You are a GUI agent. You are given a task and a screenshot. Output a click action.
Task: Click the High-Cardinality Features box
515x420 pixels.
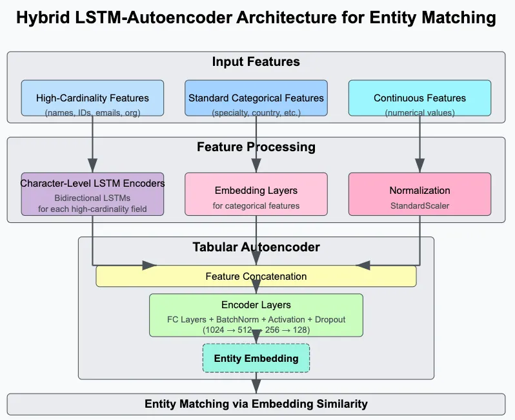92,98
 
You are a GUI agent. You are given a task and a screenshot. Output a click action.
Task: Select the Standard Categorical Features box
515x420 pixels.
256,98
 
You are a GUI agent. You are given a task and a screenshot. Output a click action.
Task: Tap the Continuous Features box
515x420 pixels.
419,98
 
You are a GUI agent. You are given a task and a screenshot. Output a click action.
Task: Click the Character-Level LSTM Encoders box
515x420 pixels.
92,194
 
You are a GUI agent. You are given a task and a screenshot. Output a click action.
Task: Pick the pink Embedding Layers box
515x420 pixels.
256,194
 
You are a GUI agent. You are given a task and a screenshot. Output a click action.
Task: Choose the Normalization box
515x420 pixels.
419,194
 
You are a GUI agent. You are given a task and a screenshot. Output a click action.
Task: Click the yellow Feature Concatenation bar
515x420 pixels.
256,277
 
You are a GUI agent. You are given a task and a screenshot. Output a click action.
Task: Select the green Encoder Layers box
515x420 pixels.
256,315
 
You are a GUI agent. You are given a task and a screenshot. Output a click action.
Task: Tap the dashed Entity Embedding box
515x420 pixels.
256,358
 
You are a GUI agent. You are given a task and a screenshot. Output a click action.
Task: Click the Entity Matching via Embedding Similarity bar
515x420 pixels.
256,404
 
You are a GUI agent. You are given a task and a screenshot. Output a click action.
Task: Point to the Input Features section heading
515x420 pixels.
256,63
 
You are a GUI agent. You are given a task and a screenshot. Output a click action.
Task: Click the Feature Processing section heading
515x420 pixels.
256,147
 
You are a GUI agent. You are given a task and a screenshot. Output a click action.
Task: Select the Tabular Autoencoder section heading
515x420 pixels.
256,247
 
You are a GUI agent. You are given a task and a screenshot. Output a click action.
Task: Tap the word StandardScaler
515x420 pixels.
419,207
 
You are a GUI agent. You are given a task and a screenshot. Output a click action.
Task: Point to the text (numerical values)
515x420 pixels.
419,113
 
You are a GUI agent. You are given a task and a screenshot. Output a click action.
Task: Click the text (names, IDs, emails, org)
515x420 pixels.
92,113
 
